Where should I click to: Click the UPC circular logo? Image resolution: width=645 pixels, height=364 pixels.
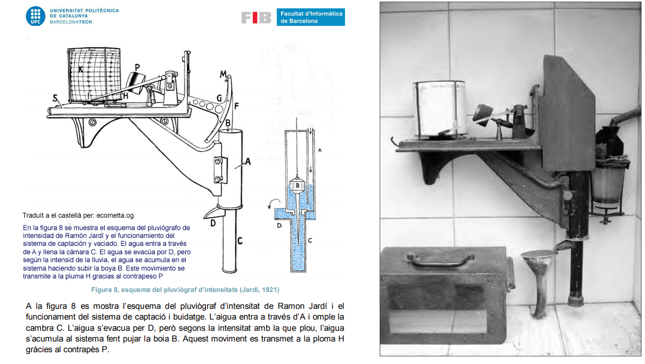tap(35, 16)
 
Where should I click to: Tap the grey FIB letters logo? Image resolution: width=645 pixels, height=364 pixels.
tap(256, 17)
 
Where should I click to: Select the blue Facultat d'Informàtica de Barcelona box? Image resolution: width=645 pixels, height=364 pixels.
tap(310, 17)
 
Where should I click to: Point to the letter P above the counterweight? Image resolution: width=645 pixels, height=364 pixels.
tap(137, 67)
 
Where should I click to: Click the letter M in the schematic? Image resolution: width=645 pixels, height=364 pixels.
tap(223, 74)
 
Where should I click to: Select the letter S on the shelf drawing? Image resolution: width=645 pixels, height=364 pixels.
tap(56, 98)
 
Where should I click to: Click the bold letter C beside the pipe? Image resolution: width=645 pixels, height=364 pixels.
tap(240, 241)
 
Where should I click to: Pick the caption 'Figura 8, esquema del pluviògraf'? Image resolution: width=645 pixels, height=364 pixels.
tap(185, 290)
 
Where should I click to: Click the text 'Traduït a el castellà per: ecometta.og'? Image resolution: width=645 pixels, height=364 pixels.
tap(78, 215)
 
